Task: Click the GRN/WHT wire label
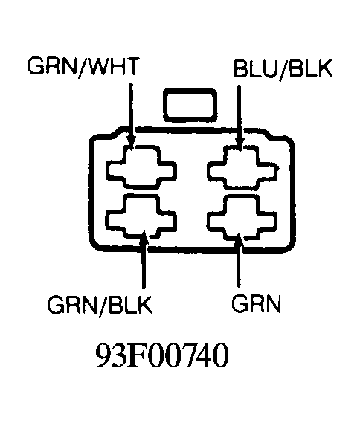pyautogui.click(x=83, y=67)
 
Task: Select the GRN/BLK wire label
pyautogui.click(x=100, y=306)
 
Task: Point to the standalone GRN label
pyautogui.click(x=256, y=303)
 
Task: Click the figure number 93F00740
pyautogui.click(x=162, y=355)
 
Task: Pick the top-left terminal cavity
pyautogui.click(x=141, y=167)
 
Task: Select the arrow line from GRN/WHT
pyautogui.click(x=131, y=117)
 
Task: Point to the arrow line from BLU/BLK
pyautogui.click(x=239, y=118)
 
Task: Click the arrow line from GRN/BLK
pyautogui.click(x=144, y=259)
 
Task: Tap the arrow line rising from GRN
pyautogui.click(x=239, y=259)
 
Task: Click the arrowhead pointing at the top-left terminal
pyautogui.click(x=131, y=143)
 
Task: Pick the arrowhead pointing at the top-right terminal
pyautogui.click(x=240, y=143)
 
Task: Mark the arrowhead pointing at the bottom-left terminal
pyautogui.click(x=144, y=237)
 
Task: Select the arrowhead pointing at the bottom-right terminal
pyautogui.click(x=239, y=239)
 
